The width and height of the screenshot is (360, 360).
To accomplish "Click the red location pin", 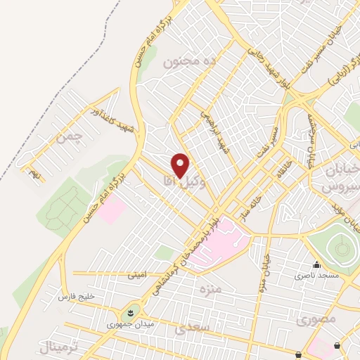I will tap(181, 165).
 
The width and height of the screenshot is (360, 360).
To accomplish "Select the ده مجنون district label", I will tap(188, 62).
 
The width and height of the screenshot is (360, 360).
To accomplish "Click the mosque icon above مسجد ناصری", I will tap(316, 265).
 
